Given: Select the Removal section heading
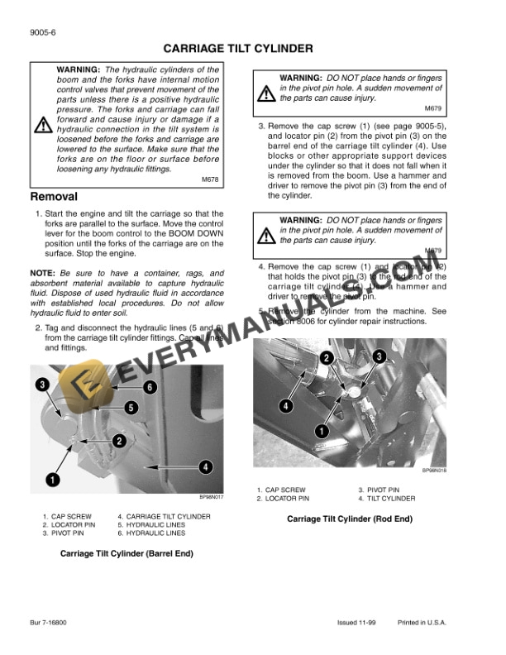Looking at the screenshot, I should coord(54,198).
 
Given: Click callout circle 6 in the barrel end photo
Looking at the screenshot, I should coord(150,387).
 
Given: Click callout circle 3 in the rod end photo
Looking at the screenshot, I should coord(379,356).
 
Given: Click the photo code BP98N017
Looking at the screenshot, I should coord(212,497).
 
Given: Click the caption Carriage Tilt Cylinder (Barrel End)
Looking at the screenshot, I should coord(126,554).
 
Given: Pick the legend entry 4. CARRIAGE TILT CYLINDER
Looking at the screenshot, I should coord(164,516).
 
